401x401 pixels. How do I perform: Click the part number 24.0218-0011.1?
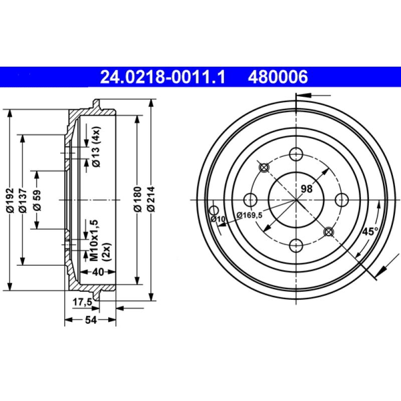coord(163,77)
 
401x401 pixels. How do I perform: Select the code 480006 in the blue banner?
coord(277,77)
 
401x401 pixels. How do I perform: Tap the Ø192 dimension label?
coord(9,200)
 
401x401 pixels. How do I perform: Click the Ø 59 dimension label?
coord(37,200)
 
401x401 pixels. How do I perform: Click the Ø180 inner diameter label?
coord(137,200)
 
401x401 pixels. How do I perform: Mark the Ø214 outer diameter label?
coord(151,200)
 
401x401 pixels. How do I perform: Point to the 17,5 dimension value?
coord(81,302)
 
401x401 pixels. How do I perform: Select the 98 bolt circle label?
coord(306,189)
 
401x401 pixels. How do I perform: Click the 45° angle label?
coord(370,232)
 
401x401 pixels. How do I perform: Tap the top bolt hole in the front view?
coord(296,154)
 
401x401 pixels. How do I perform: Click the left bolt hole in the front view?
coord(250,200)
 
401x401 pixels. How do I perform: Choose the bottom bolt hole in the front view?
coord(296,246)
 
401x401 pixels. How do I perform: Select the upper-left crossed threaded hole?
coord(264,167)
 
